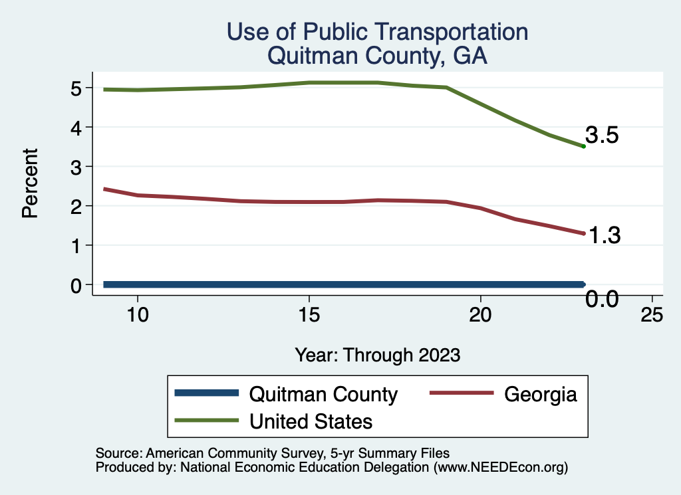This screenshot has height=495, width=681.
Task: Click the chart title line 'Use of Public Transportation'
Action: click(x=377, y=32)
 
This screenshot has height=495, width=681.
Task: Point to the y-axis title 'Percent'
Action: click(x=29, y=183)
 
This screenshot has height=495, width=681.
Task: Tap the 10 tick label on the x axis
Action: click(x=137, y=316)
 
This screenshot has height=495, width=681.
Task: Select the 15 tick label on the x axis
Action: click(x=309, y=316)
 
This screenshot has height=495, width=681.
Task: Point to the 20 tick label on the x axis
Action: click(x=480, y=316)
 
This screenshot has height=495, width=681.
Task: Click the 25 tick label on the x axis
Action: click(x=652, y=316)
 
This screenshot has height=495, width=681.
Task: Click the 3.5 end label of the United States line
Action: click(x=602, y=136)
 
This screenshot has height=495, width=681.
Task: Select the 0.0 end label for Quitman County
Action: click(x=602, y=300)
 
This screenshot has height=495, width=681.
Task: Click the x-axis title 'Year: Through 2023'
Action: click(x=378, y=355)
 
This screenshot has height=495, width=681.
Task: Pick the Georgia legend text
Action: click(x=540, y=394)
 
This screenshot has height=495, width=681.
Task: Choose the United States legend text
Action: click(x=311, y=421)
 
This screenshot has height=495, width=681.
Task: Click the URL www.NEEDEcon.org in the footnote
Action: click(x=501, y=468)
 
